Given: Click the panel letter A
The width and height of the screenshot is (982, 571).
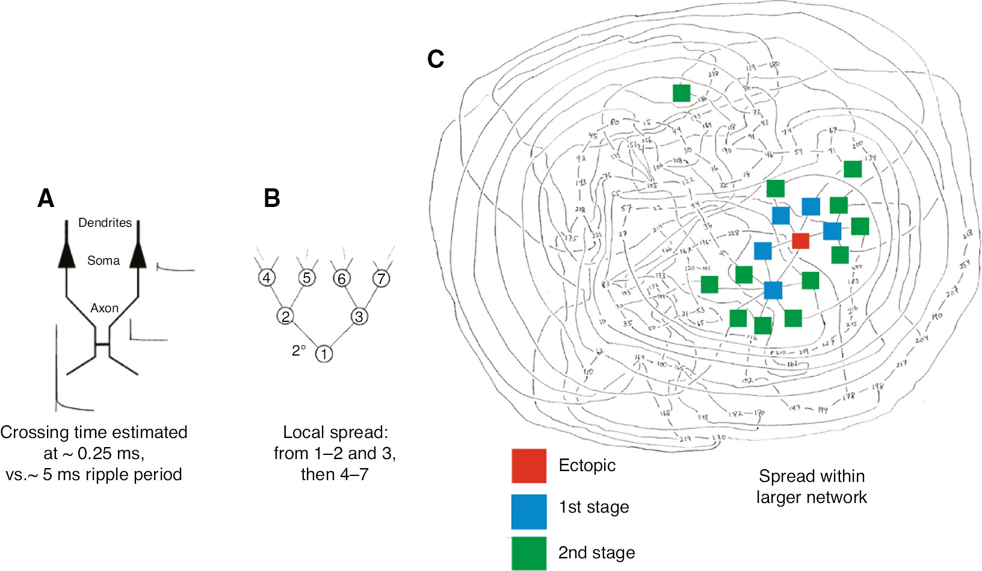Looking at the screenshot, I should click(46, 198).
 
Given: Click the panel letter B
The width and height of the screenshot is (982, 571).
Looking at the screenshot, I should click(272, 198).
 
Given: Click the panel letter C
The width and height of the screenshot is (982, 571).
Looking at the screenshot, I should click(435, 59).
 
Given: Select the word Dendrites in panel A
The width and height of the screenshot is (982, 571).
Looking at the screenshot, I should click(105, 223).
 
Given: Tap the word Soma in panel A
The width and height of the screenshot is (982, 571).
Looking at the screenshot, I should click(103, 261).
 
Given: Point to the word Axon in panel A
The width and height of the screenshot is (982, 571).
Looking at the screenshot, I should click(105, 308).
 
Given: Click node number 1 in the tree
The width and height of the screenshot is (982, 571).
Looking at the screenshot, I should click(324, 354).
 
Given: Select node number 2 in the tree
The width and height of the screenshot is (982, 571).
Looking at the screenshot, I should click(285, 316).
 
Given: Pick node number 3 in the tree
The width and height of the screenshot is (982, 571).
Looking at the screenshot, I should click(359, 316).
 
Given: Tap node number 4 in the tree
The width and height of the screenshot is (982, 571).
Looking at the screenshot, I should click(267, 278).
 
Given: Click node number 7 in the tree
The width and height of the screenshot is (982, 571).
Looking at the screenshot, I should click(381, 279).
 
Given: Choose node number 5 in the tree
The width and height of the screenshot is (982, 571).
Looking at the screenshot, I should click(307, 278).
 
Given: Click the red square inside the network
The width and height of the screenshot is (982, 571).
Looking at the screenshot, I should click(800, 240).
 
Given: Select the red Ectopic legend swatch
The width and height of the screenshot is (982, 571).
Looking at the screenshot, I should click(529, 466).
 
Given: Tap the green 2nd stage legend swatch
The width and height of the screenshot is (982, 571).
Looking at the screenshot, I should click(529, 553).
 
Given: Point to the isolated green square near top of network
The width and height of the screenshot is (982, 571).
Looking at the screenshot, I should click(681, 93).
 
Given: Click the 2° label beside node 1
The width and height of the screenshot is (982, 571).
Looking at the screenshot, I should click(299, 350).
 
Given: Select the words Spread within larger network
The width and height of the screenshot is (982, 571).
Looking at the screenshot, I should click(812, 486).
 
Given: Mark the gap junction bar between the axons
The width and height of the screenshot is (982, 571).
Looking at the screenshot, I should click(102, 344).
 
